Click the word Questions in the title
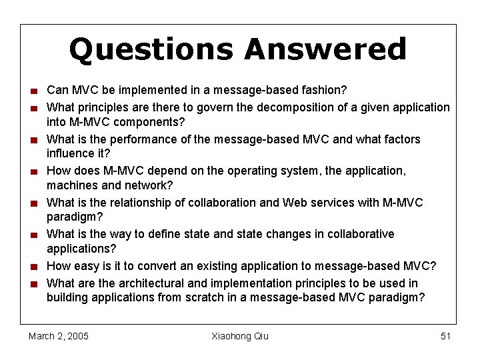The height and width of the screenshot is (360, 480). pyautogui.click(x=151, y=50)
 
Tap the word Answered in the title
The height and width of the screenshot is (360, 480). pyautogui.click(x=325, y=49)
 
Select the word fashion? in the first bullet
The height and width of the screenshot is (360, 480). pyautogui.click(x=324, y=90)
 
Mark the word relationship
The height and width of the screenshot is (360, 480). pyautogui.click(x=137, y=202)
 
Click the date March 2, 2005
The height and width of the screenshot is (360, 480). pyautogui.click(x=59, y=336)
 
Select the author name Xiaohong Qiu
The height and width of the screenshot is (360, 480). pyautogui.click(x=240, y=336)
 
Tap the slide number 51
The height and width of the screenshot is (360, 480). pyautogui.click(x=446, y=336)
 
